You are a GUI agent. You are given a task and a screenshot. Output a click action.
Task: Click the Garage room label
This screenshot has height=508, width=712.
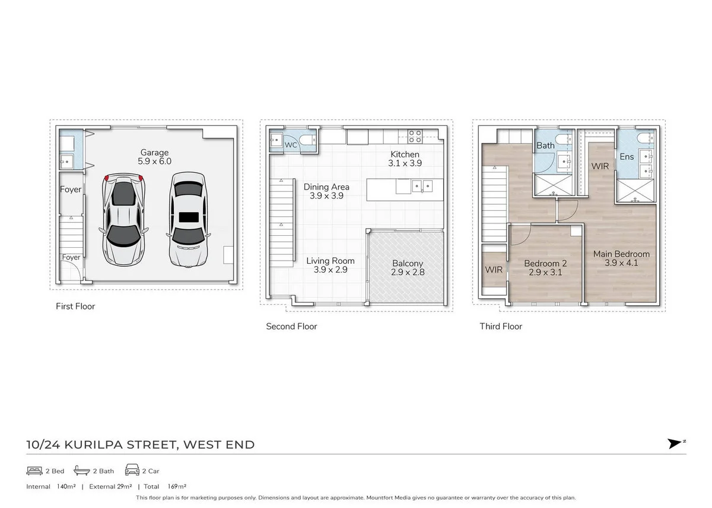pyautogui.click(x=154, y=153)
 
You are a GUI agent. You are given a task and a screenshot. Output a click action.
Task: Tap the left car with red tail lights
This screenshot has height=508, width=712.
pyautogui.click(x=124, y=218)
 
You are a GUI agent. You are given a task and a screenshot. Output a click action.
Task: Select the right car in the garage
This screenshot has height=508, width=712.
pyautogui.click(x=189, y=218)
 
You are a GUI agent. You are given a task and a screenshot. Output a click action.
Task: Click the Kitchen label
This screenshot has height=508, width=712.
pyautogui.click(x=405, y=154)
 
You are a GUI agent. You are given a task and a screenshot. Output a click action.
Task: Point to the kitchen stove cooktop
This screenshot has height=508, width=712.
pyautogui.click(x=415, y=136)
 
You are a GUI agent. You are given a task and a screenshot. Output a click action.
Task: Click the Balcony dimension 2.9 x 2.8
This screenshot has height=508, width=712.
pyautogui.click(x=408, y=273)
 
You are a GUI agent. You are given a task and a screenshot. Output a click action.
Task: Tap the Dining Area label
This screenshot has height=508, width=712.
pyautogui.click(x=326, y=187)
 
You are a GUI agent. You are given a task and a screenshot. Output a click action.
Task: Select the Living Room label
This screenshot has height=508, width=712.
pyautogui.click(x=330, y=261)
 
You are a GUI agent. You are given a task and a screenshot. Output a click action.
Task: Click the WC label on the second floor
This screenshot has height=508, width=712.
pyautogui.click(x=291, y=145)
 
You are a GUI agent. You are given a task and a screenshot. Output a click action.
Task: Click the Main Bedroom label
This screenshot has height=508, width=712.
pyautogui.click(x=621, y=254)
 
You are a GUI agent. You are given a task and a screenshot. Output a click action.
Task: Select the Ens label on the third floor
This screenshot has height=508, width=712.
pyautogui.click(x=627, y=157)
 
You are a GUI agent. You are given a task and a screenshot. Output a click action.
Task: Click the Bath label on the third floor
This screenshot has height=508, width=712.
pyautogui.click(x=545, y=145)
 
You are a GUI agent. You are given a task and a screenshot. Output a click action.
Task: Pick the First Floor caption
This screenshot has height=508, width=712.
pyautogui.click(x=75, y=307)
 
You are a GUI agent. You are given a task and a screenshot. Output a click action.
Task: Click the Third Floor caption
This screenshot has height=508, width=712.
pyautogui.click(x=501, y=326)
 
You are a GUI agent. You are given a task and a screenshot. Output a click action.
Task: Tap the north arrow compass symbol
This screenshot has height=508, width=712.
pyautogui.click(x=675, y=443)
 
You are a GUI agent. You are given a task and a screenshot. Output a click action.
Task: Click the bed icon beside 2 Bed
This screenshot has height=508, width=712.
pyautogui.click(x=34, y=471)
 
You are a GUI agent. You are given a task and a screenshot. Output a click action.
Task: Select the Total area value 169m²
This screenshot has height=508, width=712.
pyautogui.click(x=177, y=486)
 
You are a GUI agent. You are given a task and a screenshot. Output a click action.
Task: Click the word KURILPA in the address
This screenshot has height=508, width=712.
pyautogui.click(x=91, y=444)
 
